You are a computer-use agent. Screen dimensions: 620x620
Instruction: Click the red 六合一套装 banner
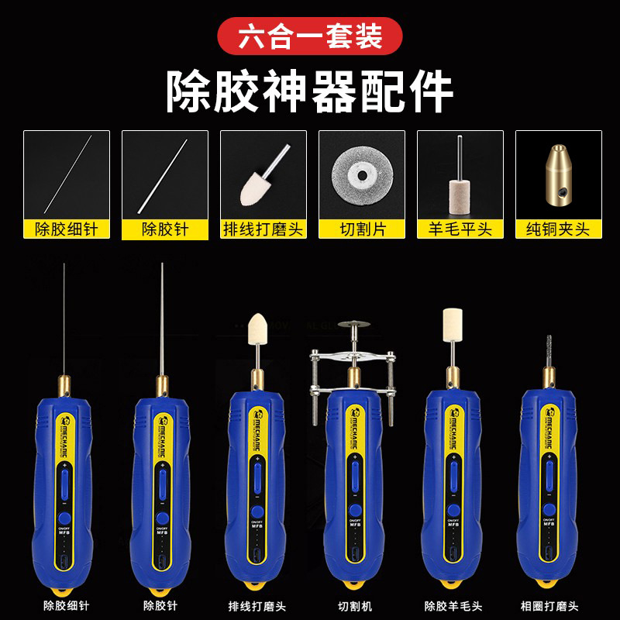pos(309,37)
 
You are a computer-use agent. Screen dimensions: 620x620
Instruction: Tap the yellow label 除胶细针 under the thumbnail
pos(67,229)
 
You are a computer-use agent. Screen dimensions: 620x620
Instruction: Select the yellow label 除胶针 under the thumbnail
pos(165,229)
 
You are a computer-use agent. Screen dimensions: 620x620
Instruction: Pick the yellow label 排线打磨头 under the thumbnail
pos(263,229)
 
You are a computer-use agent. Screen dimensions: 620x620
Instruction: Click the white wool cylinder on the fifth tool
pos(451,325)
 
